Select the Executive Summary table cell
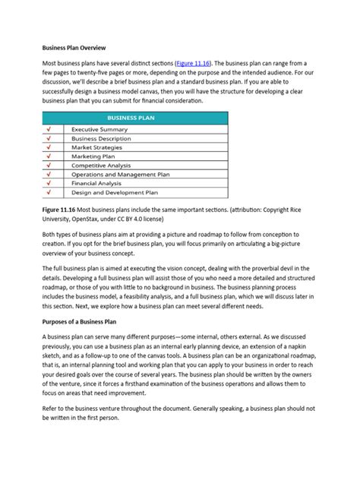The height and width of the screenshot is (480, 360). tap(99, 130)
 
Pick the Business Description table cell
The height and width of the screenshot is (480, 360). tap(101, 139)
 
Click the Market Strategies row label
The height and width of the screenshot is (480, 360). tap(98, 147)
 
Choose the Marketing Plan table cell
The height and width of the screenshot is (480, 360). tap(93, 156)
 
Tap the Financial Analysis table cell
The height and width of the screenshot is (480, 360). tap(96, 184)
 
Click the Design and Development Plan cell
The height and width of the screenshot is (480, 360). tap(115, 193)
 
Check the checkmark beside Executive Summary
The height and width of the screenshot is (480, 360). tap(49, 130)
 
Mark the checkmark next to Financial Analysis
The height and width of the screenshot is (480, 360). tap(49, 184)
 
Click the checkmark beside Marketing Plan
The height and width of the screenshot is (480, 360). tap(49, 156)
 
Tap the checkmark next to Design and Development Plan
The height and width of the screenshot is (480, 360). tap(49, 193)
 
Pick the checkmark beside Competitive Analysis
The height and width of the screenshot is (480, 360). tap(49, 166)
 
